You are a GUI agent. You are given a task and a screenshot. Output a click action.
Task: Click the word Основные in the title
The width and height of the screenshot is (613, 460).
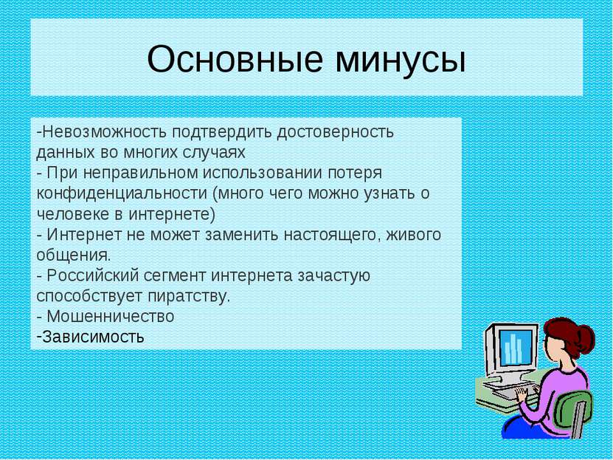point(235,59)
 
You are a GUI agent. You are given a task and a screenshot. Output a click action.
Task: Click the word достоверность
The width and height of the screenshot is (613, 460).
point(335,133)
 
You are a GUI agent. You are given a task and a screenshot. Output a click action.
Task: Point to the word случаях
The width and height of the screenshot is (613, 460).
point(212,154)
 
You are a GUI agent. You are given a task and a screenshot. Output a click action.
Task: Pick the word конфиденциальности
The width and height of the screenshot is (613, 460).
point(122,194)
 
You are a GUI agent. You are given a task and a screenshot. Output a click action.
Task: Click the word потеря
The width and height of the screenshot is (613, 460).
point(355,174)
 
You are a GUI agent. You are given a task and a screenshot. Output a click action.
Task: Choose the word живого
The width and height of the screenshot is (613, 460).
point(414,235)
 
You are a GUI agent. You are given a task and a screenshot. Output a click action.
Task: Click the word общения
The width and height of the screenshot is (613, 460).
point(74,255)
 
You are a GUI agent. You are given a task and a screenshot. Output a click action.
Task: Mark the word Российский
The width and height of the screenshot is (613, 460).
point(93,275)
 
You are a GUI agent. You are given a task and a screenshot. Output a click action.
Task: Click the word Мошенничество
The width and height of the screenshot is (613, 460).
point(110,317)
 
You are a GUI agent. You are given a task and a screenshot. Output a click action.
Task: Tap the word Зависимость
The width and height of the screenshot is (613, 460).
point(93,337)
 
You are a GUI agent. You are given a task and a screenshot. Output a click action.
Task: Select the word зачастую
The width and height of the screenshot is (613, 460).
point(333,276)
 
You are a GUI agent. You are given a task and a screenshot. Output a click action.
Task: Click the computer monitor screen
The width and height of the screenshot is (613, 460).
point(516,346)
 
